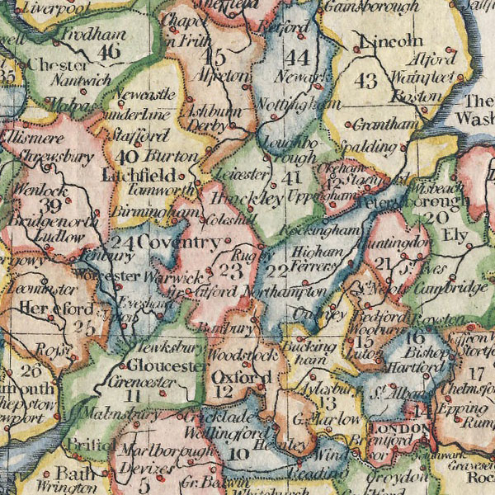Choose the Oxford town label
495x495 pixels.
241,377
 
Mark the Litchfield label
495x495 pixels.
139,176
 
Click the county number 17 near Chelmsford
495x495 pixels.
475,373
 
